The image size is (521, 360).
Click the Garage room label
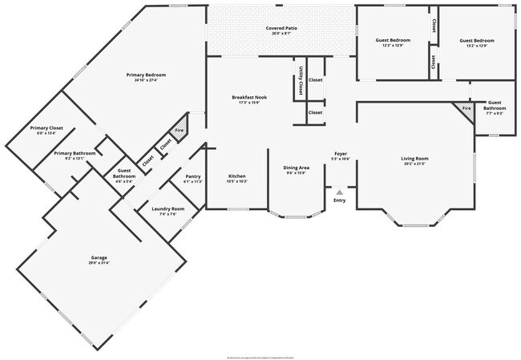coord(99,257)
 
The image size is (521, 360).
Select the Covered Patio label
coord(282,28)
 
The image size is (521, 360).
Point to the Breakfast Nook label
coord(249,97)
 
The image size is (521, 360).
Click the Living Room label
coord(415,159)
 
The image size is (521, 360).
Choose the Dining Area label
coord(297,168)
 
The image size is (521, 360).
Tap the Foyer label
coord(340,154)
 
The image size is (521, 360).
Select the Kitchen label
coord(237,176)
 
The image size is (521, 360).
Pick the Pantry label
coord(192,176)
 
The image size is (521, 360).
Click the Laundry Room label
coord(168,209)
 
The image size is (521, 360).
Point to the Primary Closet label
coord(46,128)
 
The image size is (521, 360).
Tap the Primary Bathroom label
coord(75,153)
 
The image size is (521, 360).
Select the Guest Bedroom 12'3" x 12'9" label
coord(394,39)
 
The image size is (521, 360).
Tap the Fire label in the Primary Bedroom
coord(180,130)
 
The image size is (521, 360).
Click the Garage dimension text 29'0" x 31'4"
coord(99,263)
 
